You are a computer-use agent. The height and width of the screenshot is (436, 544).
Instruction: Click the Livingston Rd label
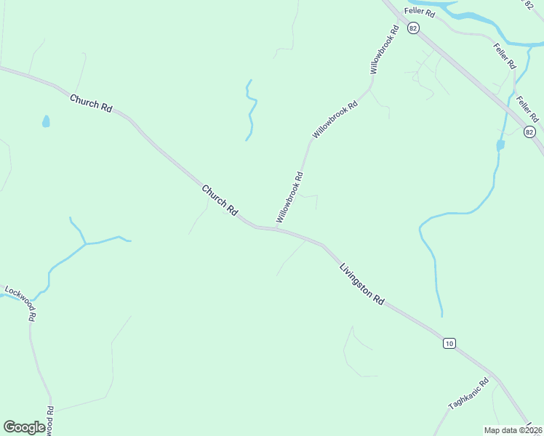[x=361, y=284]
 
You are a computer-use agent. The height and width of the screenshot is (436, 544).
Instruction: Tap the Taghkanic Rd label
[x=469, y=395]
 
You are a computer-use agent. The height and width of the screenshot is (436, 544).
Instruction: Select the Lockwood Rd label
[x=20, y=302]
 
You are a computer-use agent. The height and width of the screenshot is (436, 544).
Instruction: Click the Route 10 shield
[x=449, y=343]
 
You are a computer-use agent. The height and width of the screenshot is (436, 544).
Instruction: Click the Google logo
[x=24, y=427]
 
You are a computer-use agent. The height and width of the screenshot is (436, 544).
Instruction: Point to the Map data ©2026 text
[x=512, y=429]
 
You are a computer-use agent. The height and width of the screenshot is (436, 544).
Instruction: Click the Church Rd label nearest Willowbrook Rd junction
[x=220, y=200]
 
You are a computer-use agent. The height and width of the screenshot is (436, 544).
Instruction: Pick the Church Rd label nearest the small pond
[x=91, y=102]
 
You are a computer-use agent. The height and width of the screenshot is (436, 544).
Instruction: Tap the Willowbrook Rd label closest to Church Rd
[x=289, y=197]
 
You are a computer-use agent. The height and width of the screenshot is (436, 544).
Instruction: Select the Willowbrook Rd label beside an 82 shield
[x=385, y=50]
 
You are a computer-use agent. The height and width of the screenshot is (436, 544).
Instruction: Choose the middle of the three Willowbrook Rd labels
[x=335, y=120]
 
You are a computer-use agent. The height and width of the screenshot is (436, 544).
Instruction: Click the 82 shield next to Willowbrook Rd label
[x=413, y=28]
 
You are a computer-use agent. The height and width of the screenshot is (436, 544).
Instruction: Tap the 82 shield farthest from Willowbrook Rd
[x=529, y=132]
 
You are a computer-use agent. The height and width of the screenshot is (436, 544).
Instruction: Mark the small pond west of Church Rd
[x=46, y=121]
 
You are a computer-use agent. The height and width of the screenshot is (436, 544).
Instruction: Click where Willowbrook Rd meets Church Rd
[x=276, y=228]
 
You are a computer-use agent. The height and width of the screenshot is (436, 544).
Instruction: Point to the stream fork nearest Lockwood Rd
[x=85, y=243]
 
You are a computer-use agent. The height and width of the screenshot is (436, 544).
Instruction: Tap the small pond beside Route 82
[x=500, y=145]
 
